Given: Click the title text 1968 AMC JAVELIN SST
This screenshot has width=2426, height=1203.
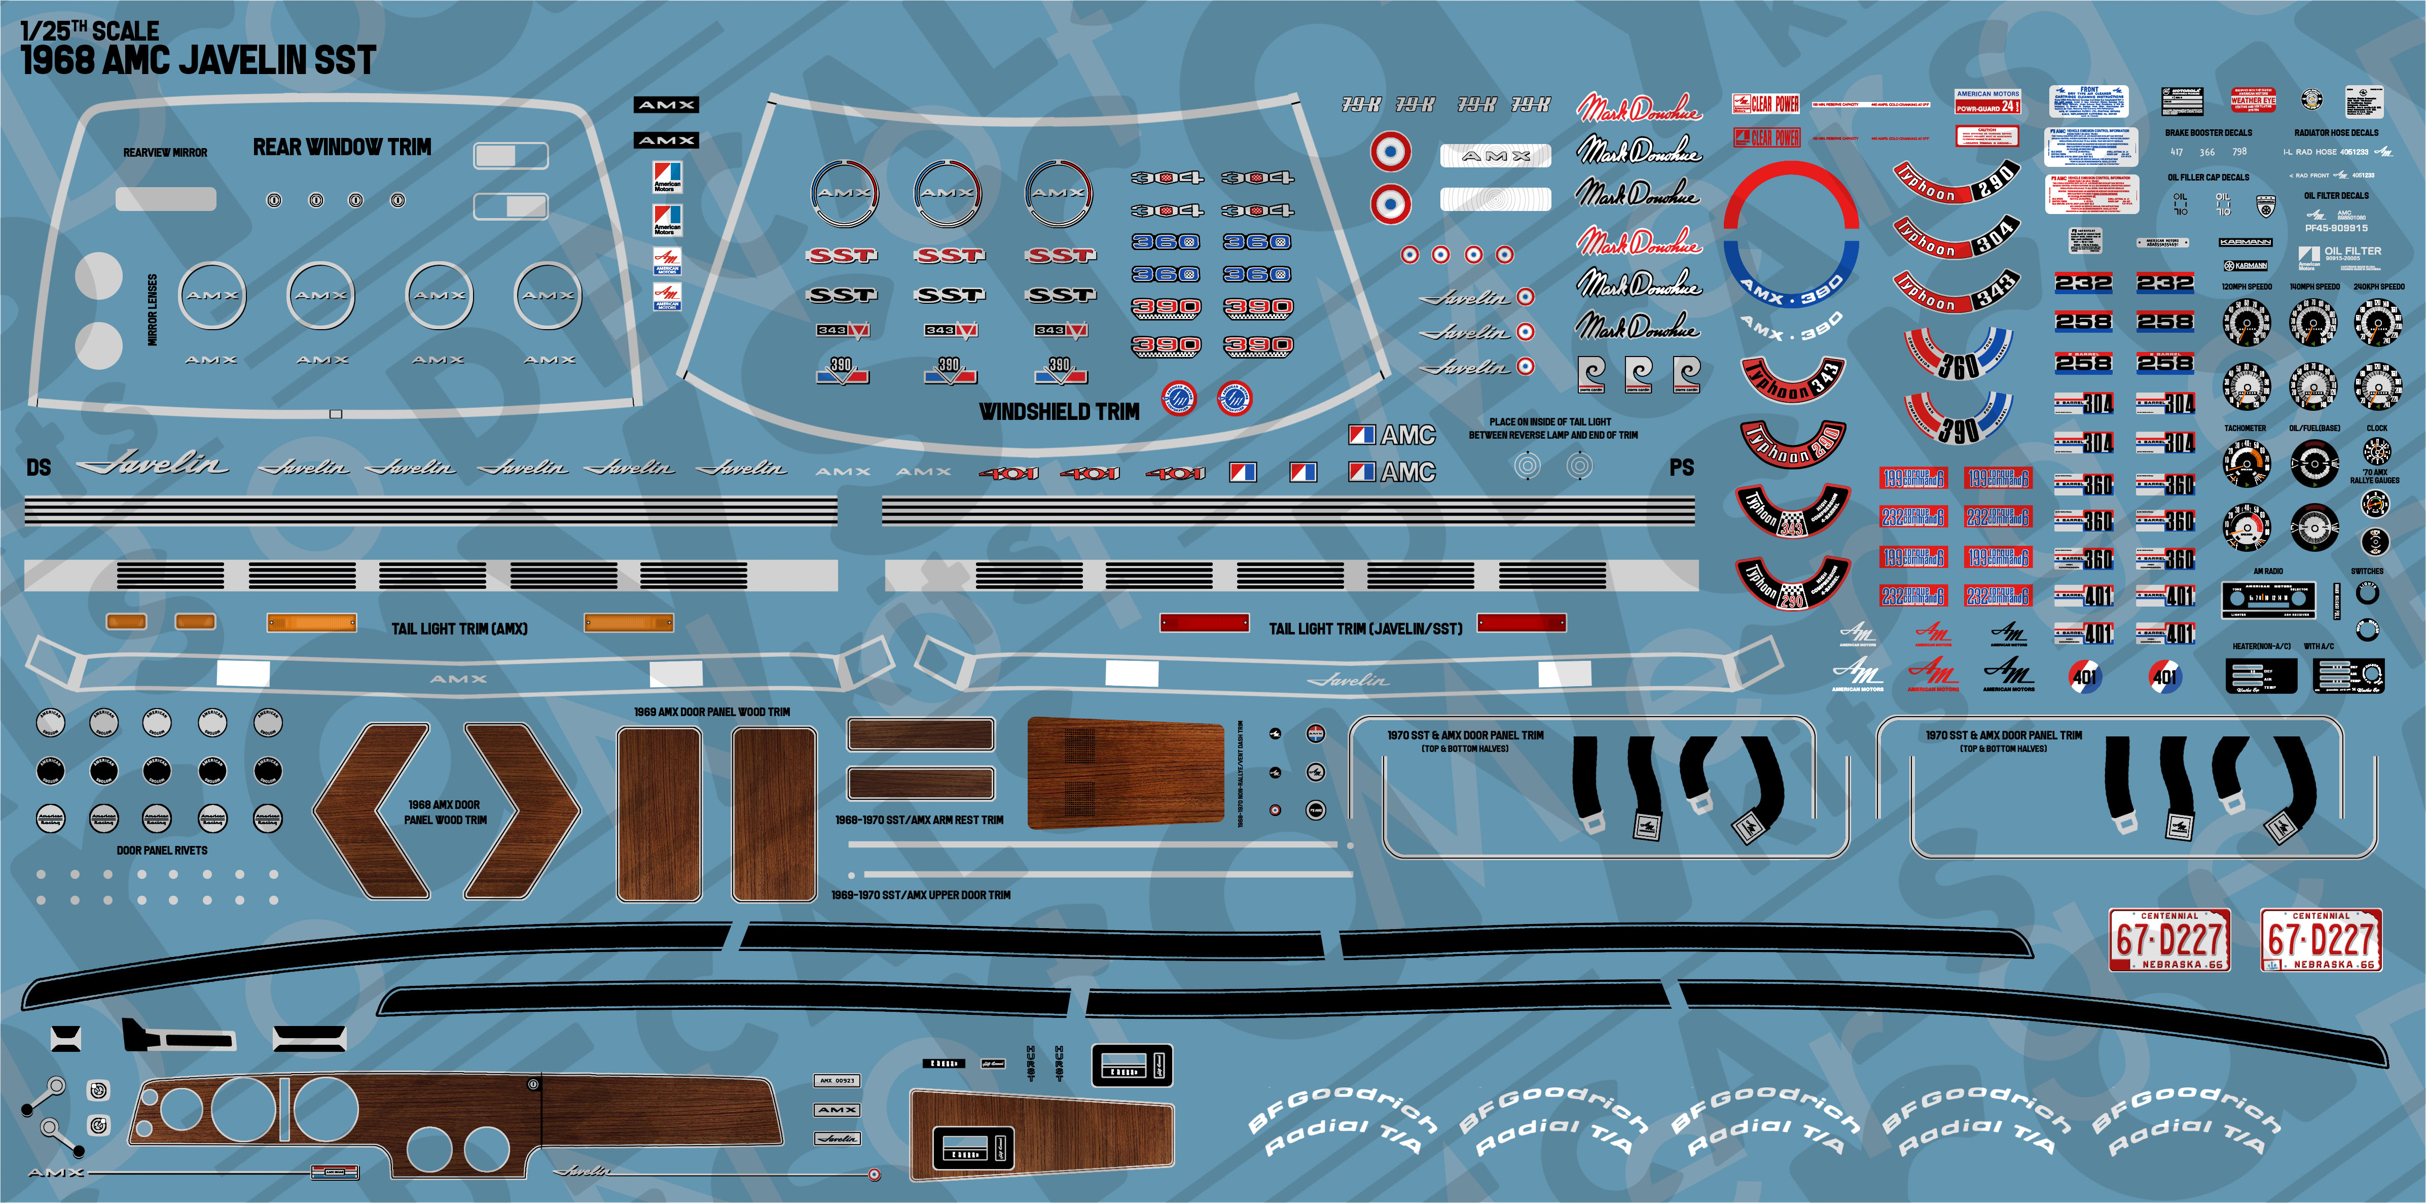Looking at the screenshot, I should pyautogui.click(x=198, y=60).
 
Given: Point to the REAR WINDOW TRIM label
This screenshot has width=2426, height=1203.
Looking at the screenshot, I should pyautogui.click(x=342, y=147).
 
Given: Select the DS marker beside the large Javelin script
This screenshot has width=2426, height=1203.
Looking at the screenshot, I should pyautogui.click(x=39, y=467).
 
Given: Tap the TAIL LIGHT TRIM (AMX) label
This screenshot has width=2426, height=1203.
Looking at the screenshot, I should pyautogui.click(x=459, y=628).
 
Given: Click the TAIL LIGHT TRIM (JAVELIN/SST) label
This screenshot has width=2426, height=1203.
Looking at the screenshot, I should pyautogui.click(x=1365, y=628).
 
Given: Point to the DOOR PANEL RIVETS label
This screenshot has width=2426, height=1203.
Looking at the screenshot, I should pyautogui.click(x=162, y=850).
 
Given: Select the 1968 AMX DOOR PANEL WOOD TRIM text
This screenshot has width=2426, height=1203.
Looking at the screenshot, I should pyautogui.click(x=445, y=812).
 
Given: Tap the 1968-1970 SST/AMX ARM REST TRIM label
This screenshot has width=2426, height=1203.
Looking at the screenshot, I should pyautogui.click(x=919, y=820).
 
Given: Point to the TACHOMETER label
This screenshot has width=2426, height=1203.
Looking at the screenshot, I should pyautogui.click(x=2245, y=428).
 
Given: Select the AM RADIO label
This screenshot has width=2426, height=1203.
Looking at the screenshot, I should pyautogui.click(x=2268, y=571).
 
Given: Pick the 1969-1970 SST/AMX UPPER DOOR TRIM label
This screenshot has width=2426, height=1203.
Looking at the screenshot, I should pyautogui.click(x=920, y=895).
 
